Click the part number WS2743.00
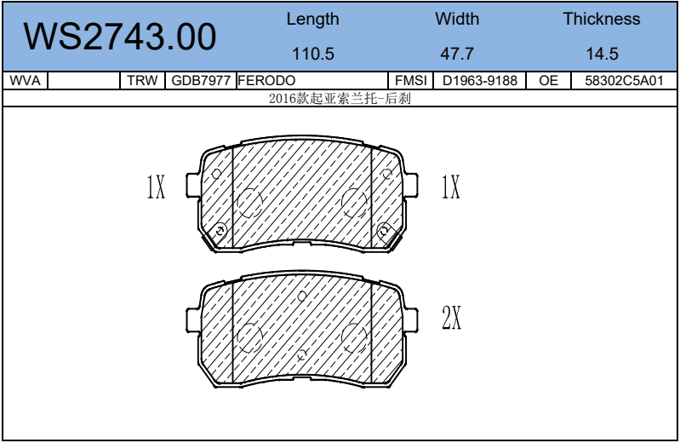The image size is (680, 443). click(x=120, y=37)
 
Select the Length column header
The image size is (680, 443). click(x=312, y=20)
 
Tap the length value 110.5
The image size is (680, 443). click(x=313, y=54)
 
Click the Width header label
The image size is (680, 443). click(x=457, y=19)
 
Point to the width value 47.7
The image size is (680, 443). click(x=457, y=54)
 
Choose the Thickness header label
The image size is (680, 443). click(x=602, y=19)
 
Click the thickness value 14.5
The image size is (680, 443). click(x=602, y=54)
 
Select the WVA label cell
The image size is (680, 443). click(x=25, y=81)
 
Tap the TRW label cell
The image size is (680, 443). click(x=142, y=81)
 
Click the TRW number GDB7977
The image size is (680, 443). click(x=201, y=81)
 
